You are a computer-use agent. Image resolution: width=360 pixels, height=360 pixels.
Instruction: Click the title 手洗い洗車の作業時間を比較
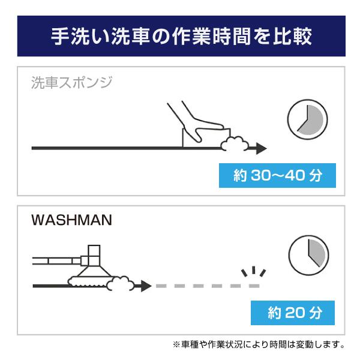(181, 36)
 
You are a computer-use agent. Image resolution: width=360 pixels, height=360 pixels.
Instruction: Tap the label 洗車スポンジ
(71, 82)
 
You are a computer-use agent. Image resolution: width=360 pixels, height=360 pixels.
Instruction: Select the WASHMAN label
(71, 220)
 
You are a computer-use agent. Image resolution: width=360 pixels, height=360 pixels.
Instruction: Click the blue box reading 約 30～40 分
(277, 175)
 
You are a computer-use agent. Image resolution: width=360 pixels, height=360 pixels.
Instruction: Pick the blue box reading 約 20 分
(293, 313)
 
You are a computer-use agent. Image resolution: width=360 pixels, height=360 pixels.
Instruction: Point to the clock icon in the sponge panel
(307, 119)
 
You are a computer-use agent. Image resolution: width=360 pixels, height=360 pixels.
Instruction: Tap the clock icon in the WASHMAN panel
(308, 256)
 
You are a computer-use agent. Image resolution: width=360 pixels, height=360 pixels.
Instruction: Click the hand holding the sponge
(195, 122)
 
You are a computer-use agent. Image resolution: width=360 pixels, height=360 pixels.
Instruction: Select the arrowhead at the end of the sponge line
(261, 148)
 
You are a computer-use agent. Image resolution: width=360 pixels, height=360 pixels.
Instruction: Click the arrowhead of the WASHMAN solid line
(146, 286)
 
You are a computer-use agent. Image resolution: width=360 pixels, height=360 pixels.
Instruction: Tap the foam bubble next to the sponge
(235, 144)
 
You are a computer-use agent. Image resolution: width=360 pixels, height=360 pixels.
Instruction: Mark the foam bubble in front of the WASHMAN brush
(121, 283)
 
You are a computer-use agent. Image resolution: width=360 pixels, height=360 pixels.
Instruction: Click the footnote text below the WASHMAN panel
(259, 344)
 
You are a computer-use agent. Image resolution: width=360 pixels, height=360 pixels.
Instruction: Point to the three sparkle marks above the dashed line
(253, 271)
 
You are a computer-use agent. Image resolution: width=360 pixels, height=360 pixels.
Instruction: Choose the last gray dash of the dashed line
(254, 286)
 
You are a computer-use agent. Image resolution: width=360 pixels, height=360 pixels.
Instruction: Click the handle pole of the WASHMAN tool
(56, 261)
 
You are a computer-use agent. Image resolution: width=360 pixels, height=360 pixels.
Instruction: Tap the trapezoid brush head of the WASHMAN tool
(94, 271)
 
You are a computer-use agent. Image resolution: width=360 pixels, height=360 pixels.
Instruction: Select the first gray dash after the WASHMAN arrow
(161, 286)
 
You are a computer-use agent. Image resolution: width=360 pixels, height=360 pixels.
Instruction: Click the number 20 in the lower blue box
(295, 313)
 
